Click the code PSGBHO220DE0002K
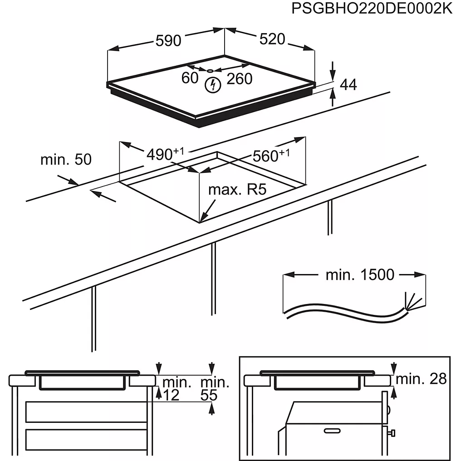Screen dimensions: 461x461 [x=372, y=9]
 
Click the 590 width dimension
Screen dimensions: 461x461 [x=168, y=40]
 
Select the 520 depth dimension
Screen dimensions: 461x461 [x=272, y=39]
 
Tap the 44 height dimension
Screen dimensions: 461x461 [x=348, y=84]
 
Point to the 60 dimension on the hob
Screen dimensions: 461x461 [x=190, y=78]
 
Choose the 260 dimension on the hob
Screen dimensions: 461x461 [x=239, y=78]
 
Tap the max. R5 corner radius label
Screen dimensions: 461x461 [x=236, y=190]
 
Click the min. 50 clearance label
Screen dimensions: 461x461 [x=66, y=159]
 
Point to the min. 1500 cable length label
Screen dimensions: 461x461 [x=360, y=275]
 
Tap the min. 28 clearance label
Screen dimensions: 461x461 [x=421, y=379]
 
